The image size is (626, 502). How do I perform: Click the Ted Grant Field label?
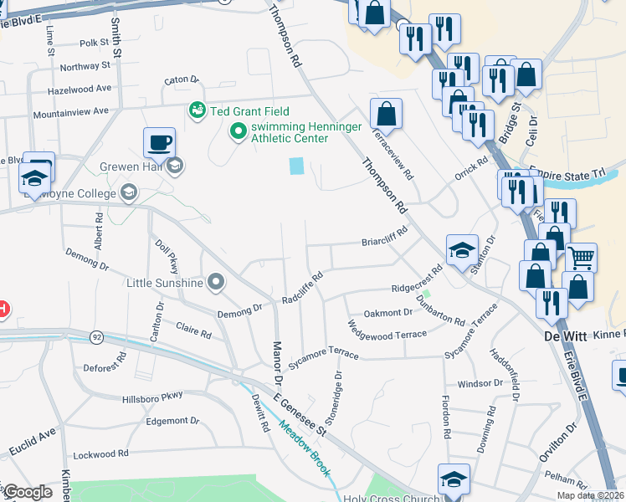[250, 111]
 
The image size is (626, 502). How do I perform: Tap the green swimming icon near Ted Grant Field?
[198, 110]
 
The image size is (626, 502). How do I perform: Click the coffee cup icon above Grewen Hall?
[158, 142]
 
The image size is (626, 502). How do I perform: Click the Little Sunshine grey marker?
[217, 282]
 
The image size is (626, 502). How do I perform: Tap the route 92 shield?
[97, 337]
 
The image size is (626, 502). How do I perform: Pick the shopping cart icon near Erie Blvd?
[581, 257]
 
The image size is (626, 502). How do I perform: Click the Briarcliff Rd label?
[384, 235]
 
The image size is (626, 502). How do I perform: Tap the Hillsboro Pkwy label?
[151, 398]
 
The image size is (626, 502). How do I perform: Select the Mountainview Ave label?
[71, 111]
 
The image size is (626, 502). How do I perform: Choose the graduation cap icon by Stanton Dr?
[462, 249]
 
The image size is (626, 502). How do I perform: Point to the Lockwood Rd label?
[101, 453]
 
